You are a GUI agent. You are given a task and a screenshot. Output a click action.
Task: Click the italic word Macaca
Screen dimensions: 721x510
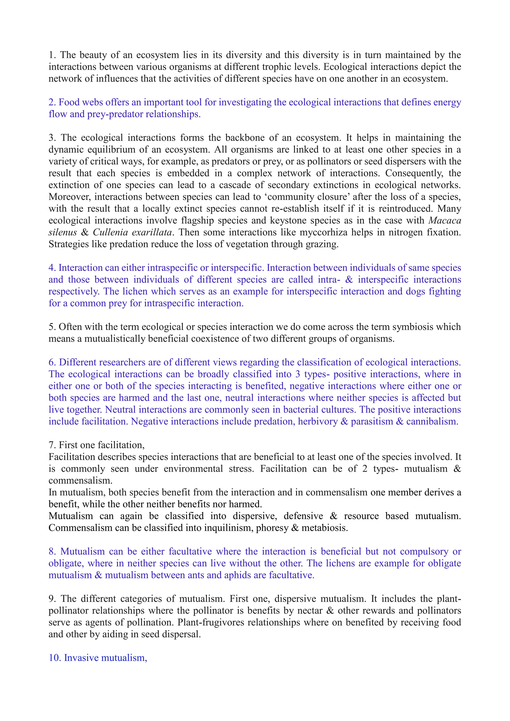coord(445,220)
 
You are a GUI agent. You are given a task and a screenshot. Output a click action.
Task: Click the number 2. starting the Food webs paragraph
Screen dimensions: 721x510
coord(52,102)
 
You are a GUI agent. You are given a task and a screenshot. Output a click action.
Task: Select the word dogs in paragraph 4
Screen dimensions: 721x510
coord(415,292)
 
